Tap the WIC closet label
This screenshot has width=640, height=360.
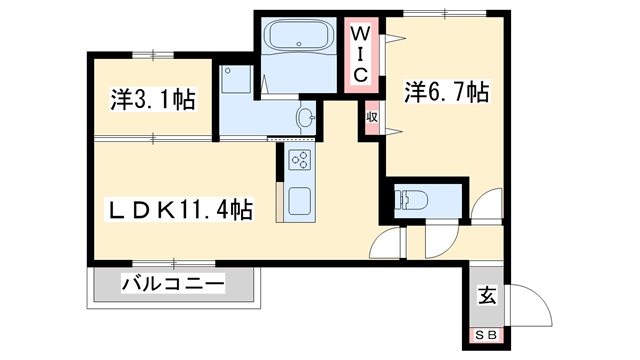(x=360, y=54)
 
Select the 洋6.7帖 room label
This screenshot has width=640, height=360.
(x=447, y=92)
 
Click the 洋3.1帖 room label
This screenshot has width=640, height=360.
(x=153, y=99)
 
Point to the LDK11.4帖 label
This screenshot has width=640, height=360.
(x=179, y=209)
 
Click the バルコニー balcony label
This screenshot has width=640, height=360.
(x=173, y=284)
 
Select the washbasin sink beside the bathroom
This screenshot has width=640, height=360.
(x=306, y=118)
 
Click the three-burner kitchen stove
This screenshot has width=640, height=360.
(x=300, y=160)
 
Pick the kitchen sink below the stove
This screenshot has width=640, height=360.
(x=300, y=201)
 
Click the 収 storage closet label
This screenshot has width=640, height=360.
(x=372, y=118)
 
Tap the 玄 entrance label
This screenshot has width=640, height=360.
(x=487, y=295)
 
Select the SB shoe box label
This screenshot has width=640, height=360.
(x=487, y=336)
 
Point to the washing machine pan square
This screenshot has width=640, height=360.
(x=236, y=79)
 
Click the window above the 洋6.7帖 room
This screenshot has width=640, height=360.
(x=445, y=13)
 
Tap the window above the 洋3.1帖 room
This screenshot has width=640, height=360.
(x=153, y=55)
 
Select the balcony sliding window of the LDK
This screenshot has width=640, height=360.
(x=174, y=263)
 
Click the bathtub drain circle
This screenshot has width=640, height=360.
(x=299, y=44)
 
